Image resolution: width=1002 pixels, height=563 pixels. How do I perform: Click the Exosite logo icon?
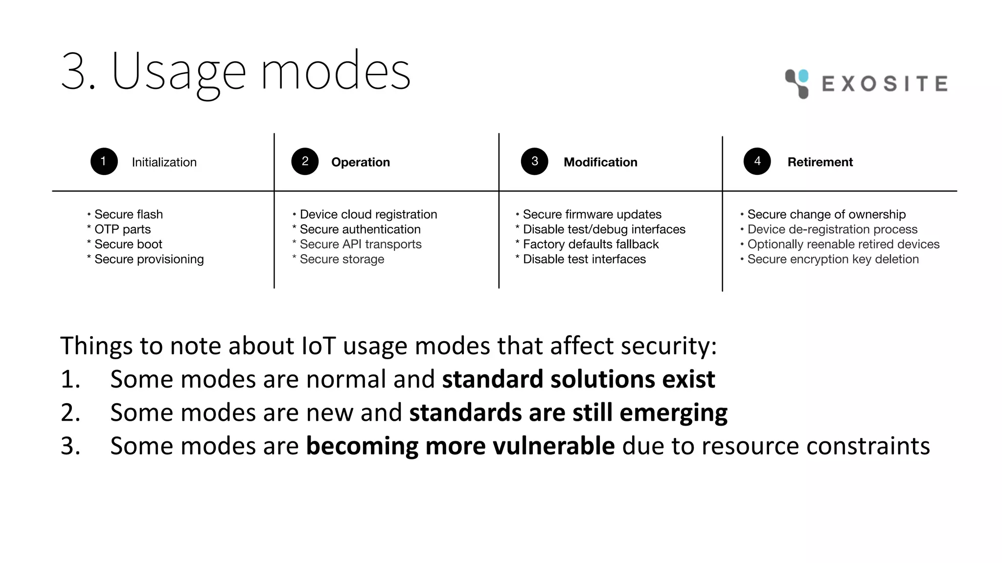pyautogui.click(x=797, y=84)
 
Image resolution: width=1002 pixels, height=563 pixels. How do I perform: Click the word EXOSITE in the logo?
pyautogui.click(x=885, y=84)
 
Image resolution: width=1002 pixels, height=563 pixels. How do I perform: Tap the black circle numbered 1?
pyautogui.click(x=104, y=161)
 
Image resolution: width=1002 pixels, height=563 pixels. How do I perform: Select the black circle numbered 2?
pyautogui.click(x=305, y=161)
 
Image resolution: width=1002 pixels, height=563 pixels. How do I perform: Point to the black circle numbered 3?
pyautogui.click(x=534, y=161)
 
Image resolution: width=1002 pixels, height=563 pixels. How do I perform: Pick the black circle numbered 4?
pyautogui.click(x=757, y=161)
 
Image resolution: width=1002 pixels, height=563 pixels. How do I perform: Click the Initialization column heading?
pyautogui.click(x=164, y=162)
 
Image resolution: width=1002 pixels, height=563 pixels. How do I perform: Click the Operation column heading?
pyautogui.click(x=360, y=162)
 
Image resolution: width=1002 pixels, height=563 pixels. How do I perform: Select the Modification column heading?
pyautogui.click(x=600, y=162)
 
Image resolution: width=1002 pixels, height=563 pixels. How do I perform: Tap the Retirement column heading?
pyautogui.click(x=820, y=162)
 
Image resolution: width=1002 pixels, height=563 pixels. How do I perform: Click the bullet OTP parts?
pyautogui.click(x=122, y=229)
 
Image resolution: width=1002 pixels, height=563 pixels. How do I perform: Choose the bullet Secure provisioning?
pyautogui.click(x=149, y=259)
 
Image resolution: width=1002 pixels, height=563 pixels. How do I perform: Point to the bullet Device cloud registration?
pyautogui.click(x=368, y=215)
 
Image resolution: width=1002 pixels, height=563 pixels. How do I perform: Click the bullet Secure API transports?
pyautogui.click(x=360, y=244)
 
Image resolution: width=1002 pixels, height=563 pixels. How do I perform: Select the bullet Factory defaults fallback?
pyautogui.click(x=591, y=244)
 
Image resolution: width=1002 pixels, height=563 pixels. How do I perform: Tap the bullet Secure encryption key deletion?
pyautogui.click(x=833, y=259)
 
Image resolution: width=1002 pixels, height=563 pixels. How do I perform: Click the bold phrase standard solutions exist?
pyautogui.click(x=578, y=379)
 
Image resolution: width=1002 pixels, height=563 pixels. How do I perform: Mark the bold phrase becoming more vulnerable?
pyautogui.click(x=460, y=446)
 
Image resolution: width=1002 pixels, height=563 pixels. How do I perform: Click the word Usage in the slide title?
pyautogui.click(x=179, y=72)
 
